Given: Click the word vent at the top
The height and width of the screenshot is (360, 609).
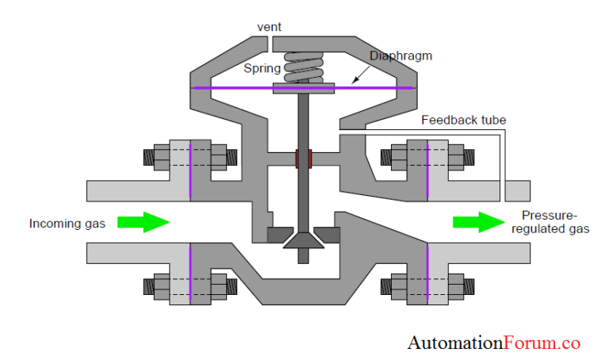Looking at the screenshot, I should click(x=270, y=28).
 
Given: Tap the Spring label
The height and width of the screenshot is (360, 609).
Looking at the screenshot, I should click(x=262, y=69).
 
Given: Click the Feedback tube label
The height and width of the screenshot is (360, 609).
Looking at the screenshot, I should click(x=463, y=121).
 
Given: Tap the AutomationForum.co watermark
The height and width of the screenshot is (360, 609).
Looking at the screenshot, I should click(x=494, y=343).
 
